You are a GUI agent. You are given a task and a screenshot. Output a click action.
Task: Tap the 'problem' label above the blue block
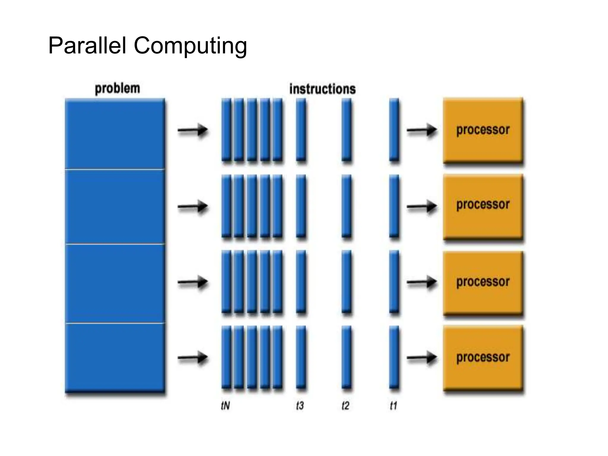(x=117, y=88)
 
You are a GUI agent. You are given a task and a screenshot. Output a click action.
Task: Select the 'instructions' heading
(x=322, y=89)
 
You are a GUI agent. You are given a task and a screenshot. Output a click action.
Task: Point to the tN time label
(x=225, y=406)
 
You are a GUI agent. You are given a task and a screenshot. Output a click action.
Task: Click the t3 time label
(x=300, y=406)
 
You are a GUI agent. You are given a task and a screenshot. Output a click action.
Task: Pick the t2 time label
(x=346, y=406)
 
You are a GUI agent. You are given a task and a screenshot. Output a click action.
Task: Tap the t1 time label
(x=393, y=406)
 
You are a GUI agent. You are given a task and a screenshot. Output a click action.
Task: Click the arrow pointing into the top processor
(x=422, y=130)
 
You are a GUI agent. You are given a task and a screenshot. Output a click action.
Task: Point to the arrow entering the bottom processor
(x=422, y=358)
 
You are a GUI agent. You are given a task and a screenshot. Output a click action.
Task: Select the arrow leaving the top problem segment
(x=193, y=130)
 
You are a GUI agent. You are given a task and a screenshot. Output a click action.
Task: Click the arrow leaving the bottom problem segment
(x=193, y=358)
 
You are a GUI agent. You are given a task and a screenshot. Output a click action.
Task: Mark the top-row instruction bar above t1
(x=394, y=130)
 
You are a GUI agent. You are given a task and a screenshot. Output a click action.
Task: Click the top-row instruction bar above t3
(x=301, y=130)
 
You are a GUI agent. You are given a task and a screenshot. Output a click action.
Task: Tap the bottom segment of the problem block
(x=115, y=358)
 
